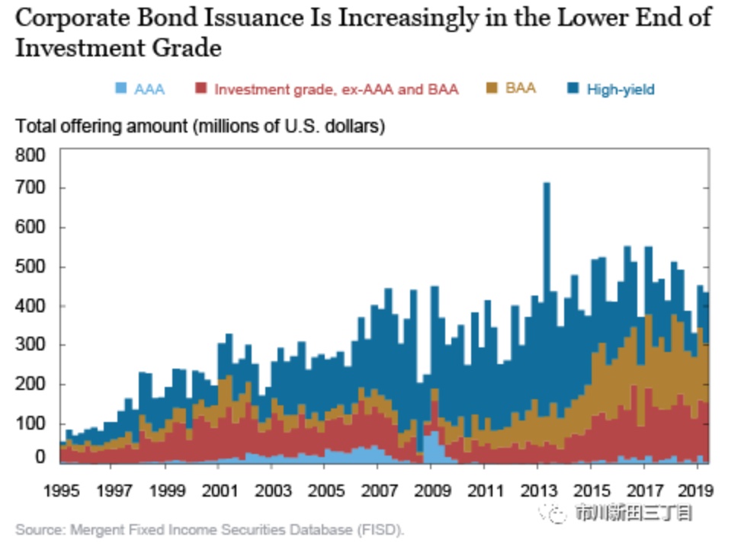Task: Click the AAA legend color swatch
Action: [121, 88]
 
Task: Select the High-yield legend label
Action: [621, 89]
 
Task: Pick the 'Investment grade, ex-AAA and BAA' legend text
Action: [336, 89]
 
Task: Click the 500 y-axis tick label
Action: [30, 267]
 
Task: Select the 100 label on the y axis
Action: [30, 424]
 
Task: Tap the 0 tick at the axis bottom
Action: [40, 456]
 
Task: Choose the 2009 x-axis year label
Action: [432, 491]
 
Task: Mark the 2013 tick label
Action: [538, 491]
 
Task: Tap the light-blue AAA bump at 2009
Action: [433, 446]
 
